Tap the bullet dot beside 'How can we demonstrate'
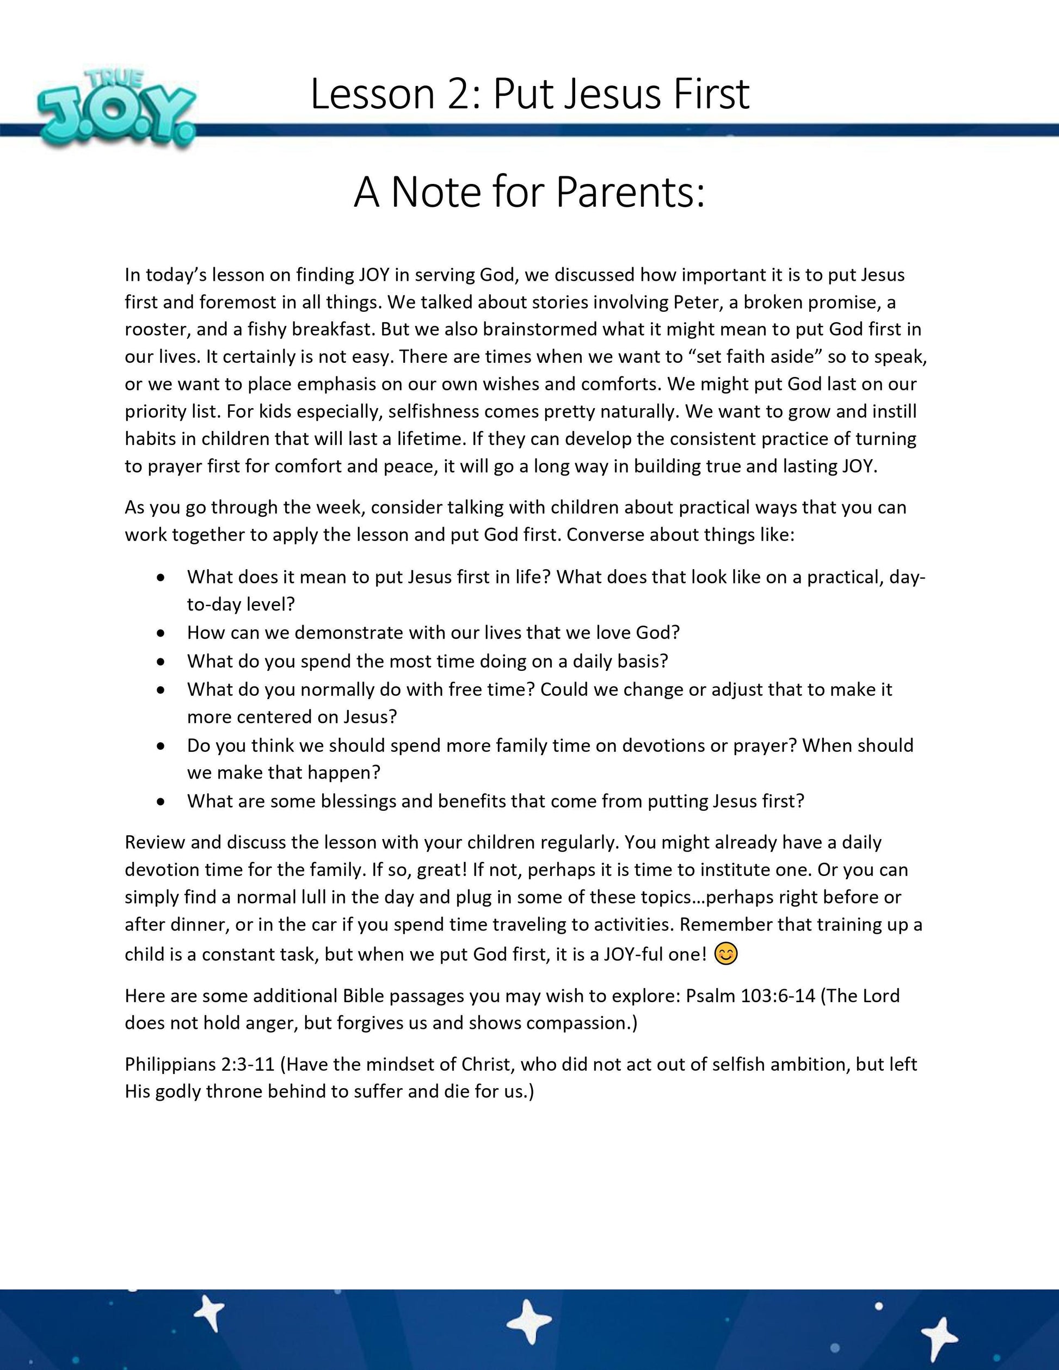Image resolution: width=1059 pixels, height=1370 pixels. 163,633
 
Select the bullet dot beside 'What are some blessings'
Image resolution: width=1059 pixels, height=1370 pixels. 163,801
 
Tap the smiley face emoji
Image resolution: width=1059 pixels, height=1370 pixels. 726,954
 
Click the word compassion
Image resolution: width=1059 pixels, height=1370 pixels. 577,1023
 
